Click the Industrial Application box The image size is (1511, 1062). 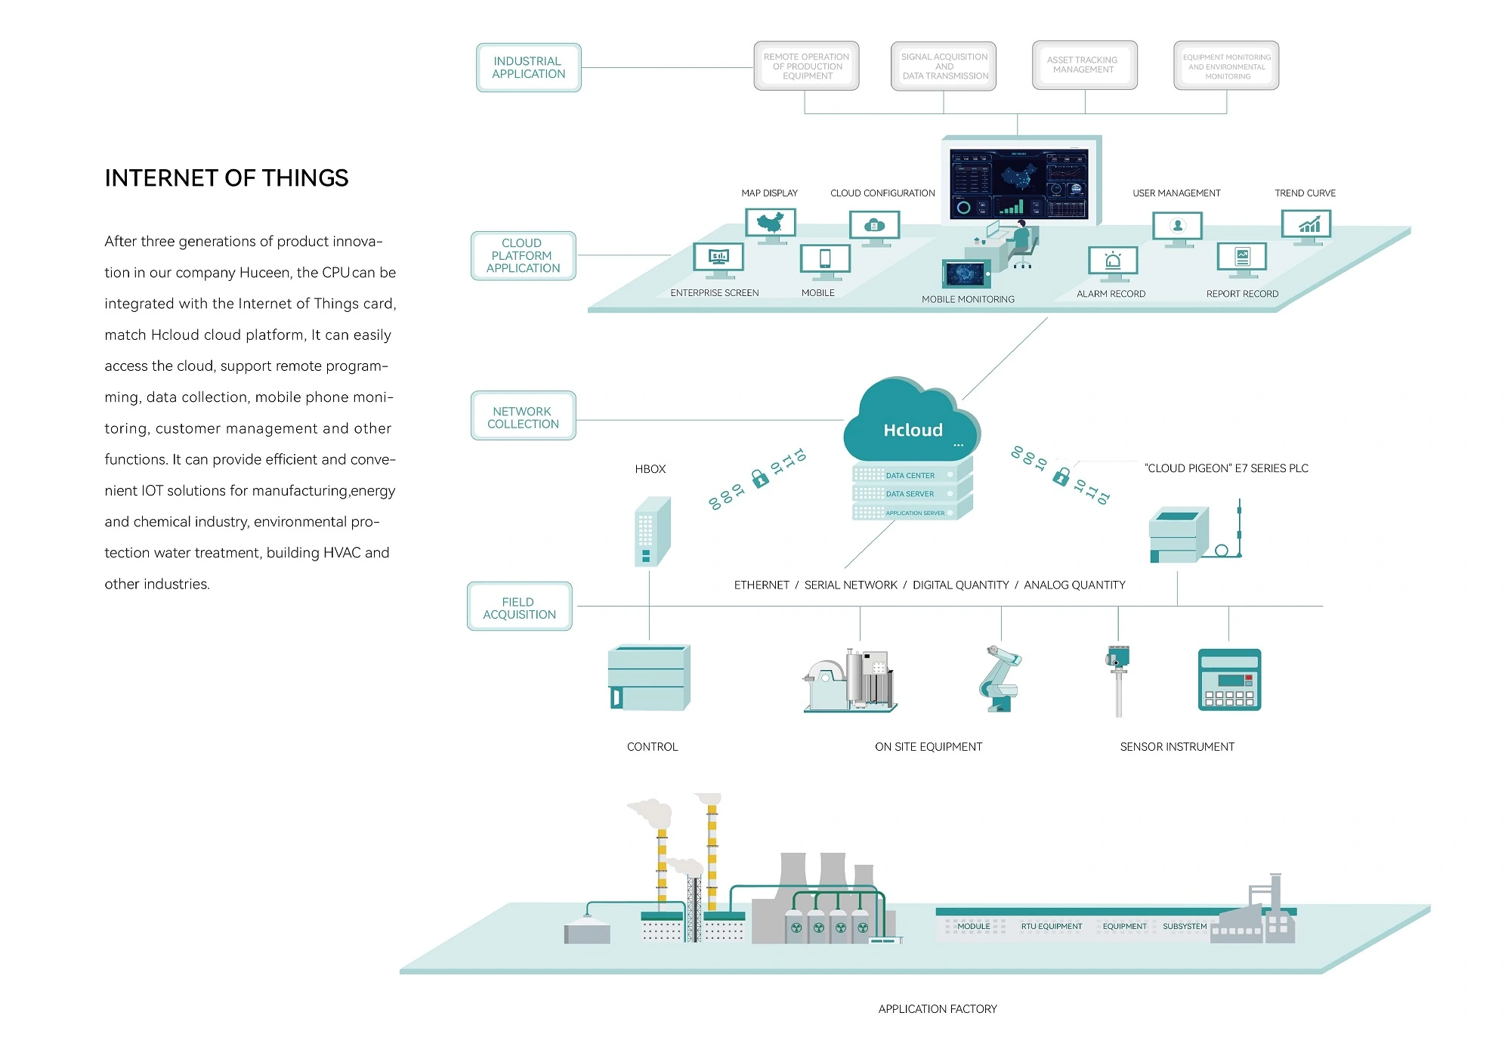(x=528, y=67)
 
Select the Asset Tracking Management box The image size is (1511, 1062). (x=1084, y=65)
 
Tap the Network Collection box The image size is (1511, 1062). (x=523, y=417)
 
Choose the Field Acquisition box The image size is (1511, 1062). (x=519, y=607)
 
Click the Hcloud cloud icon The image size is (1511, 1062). (x=912, y=422)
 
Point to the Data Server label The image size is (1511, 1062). (x=910, y=494)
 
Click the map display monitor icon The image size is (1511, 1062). (x=771, y=224)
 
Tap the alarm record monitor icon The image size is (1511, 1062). (x=1113, y=262)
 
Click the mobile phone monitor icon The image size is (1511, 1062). (x=825, y=260)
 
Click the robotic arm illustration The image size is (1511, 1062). (x=1000, y=678)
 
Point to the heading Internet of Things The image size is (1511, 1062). (x=227, y=178)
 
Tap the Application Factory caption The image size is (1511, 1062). (x=937, y=1009)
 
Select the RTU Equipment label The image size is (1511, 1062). (x=1051, y=926)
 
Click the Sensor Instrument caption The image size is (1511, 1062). (x=1176, y=747)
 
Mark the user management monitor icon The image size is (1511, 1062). (x=1177, y=227)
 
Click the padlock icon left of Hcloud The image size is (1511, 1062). (x=759, y=478)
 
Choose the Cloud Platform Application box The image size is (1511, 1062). (x=523, y=256)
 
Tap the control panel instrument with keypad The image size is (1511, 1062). (x=1229, y=680)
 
